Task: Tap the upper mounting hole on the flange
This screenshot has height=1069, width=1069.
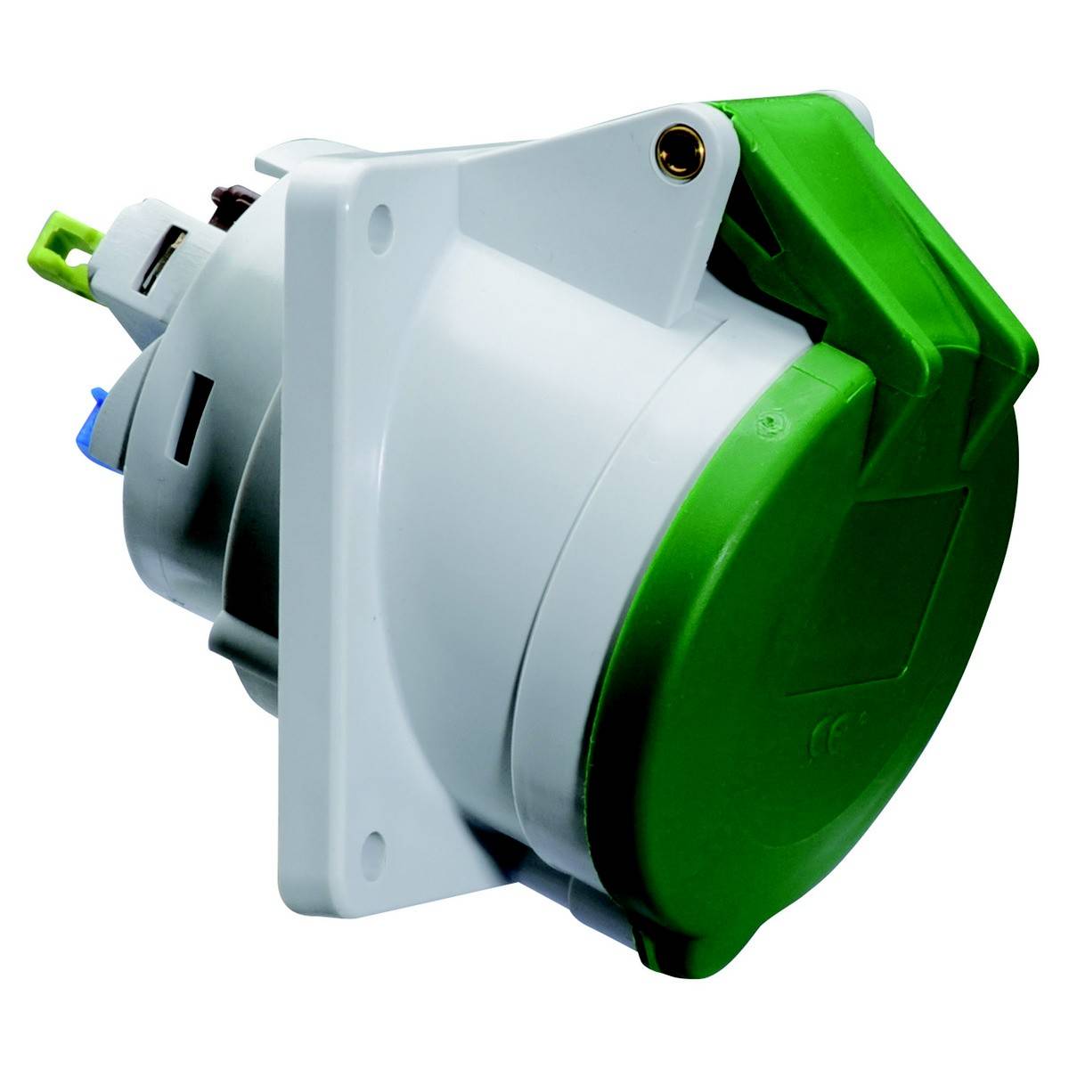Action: pyautogui.click(x=380, y=216)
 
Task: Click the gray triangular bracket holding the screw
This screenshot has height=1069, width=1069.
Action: pyautogui.click(x=615, y=205)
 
